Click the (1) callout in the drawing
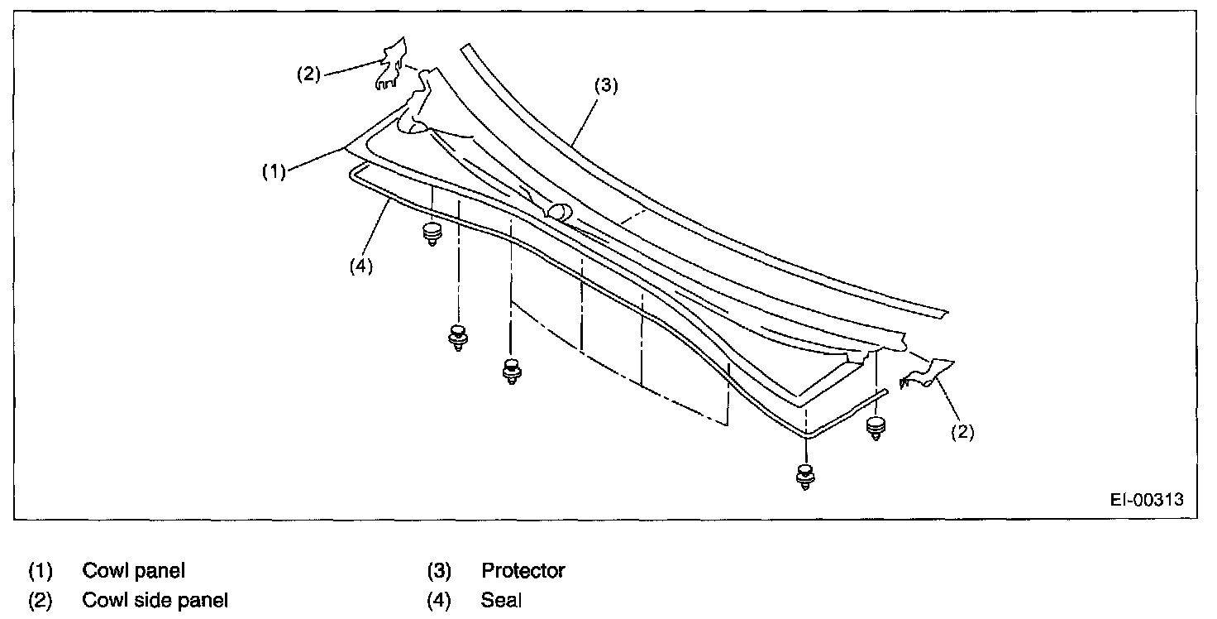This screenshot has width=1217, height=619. (274, 171)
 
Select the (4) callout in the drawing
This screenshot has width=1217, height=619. (360, 266)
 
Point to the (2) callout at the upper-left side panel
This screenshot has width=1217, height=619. (308, 74)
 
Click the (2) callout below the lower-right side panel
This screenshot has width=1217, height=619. (962, 431)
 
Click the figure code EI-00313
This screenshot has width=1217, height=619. (1147, 500)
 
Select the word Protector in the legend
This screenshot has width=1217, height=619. (523, 571)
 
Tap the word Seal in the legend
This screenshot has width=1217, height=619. (501, 602)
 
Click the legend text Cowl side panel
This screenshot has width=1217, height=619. (155, 602)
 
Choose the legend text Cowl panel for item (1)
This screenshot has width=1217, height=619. (133, 571)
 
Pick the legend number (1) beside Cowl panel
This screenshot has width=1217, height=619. (41, 571)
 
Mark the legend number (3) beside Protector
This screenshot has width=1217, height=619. (438, 571)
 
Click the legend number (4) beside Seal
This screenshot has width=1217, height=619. (438, 602)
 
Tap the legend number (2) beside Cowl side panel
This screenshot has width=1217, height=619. (41, 602)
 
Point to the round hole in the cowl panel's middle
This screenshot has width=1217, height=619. (558, 212)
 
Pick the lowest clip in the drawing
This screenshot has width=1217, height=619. (804, 477)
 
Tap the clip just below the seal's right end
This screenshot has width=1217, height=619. (876, 428)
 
